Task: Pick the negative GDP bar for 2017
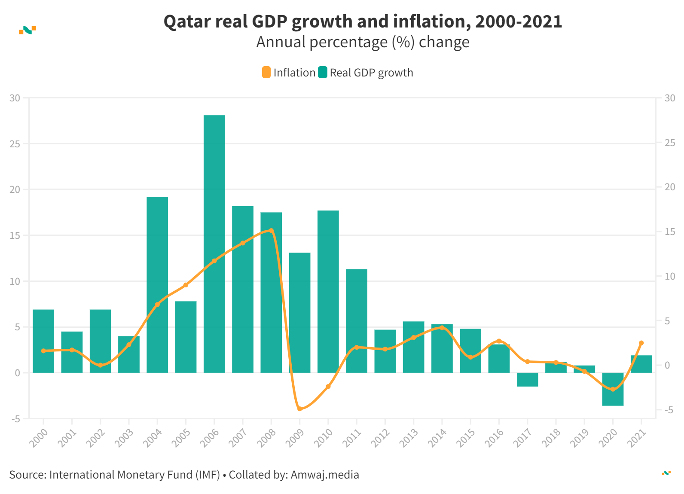(x=527, y=380)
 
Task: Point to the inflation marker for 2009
(x=299, y=409)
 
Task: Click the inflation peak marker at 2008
(x=271, y=231)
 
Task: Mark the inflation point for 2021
(x=641, y=343)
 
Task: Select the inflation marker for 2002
(x=101, y=365)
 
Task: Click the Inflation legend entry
(x=289, y=73)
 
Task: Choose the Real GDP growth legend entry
(x=366, y=73)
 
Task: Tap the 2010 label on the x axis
(x=324, y=438)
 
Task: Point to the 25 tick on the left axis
(x=15, y=144)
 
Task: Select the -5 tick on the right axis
(x=669, y=410)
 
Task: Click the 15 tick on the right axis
(x=669, y=232)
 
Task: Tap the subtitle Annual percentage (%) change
(x=363, y=42)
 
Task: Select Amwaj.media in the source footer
(x=325, y=475)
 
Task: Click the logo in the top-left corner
(x=27, y=30)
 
